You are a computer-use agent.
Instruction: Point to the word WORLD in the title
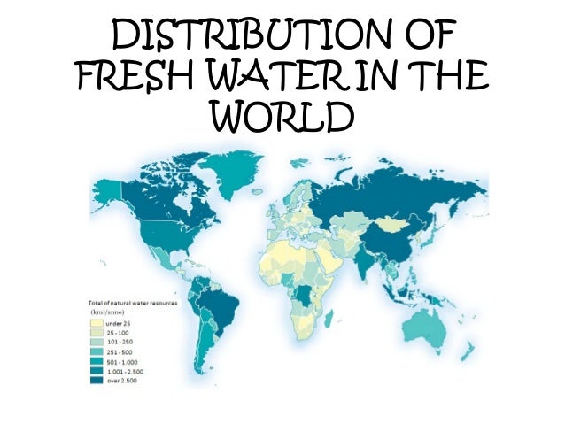coord(283,119)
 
